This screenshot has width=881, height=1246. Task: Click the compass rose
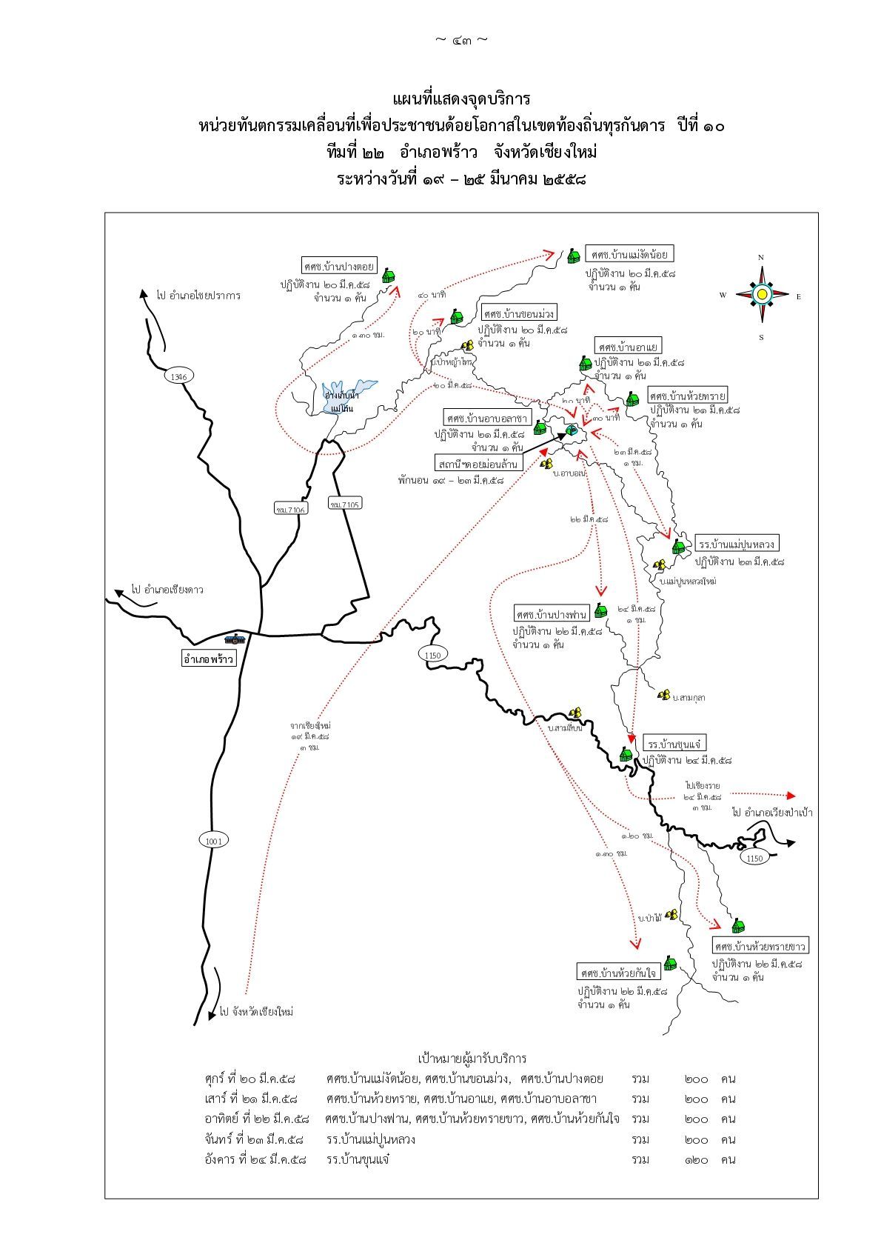point(761,295)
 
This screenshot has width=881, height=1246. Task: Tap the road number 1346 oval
point(178,376)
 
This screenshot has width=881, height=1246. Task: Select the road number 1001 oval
point(214,840)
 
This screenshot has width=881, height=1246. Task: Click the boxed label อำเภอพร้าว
point(208,658)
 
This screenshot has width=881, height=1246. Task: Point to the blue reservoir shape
point(348,393)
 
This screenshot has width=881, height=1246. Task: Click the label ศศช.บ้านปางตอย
point(339,265)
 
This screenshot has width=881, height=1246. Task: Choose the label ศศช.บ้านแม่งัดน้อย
point(629,254)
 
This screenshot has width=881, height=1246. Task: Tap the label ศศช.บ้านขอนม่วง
point(518,313)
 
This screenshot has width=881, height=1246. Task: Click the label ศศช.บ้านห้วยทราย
point(687,393)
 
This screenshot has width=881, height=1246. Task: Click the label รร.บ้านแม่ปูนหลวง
point(738,544)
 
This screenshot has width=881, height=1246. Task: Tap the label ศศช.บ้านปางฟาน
point(552,614)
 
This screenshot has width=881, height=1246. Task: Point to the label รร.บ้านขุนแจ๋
point(674,742)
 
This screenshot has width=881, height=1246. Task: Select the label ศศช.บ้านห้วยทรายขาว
point(760,946)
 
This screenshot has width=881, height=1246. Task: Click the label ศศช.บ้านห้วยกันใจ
point(619,972)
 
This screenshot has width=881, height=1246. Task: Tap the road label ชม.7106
point(291,509)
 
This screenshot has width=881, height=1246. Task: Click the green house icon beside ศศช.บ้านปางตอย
point(389,276)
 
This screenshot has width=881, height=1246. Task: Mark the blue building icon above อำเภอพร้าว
point(235,639)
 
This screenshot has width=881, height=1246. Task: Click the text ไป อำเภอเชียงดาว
point(167,590)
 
